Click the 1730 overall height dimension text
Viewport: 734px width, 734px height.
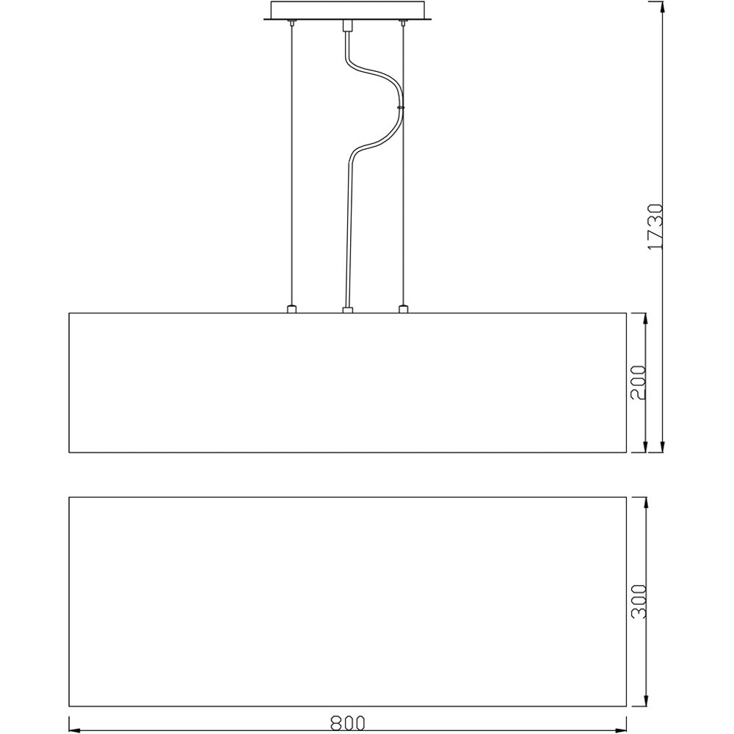[x=655, y=227]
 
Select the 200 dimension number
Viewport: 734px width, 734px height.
[x=638, y=381]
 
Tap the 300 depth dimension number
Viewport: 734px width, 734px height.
[x=638, y=601]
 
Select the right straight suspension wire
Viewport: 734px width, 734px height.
[x=402, y=206]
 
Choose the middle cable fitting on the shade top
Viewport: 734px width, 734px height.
[x=347, y=309]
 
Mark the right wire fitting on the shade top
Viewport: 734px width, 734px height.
[x=402, y=309]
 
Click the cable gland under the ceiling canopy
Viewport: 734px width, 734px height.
[x=347, y=27]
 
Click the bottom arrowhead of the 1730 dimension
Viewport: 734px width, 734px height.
[x=663, y=448]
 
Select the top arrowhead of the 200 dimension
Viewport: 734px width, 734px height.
[x=645, y=319]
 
